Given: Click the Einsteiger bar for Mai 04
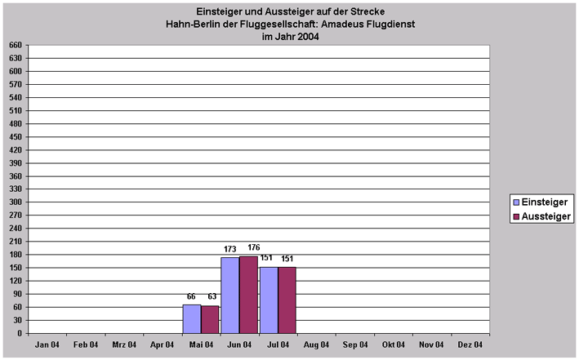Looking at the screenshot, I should pos(192,318).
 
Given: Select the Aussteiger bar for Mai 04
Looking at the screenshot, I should pos(211,319).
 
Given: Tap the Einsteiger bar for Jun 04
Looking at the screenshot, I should pos(230,295).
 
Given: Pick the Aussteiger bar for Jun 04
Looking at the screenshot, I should pos(249,294).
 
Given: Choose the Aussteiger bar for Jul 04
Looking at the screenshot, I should pos(287,300).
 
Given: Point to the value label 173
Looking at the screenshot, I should pos(229,249).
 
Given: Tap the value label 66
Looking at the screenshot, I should pos(192,296).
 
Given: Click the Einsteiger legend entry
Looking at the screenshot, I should pos(538,202).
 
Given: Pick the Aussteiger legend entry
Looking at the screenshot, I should pos(539,216).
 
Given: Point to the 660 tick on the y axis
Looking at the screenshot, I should pos(14,45).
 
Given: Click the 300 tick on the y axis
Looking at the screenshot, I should pos(14,202).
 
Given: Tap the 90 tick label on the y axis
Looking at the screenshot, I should pos(16,294).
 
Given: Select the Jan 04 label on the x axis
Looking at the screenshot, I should pos(47,344).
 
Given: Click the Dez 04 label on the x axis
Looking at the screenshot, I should pos(469,344).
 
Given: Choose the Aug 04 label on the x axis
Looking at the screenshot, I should pos(316,344).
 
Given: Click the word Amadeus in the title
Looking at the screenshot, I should pos(349,24).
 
